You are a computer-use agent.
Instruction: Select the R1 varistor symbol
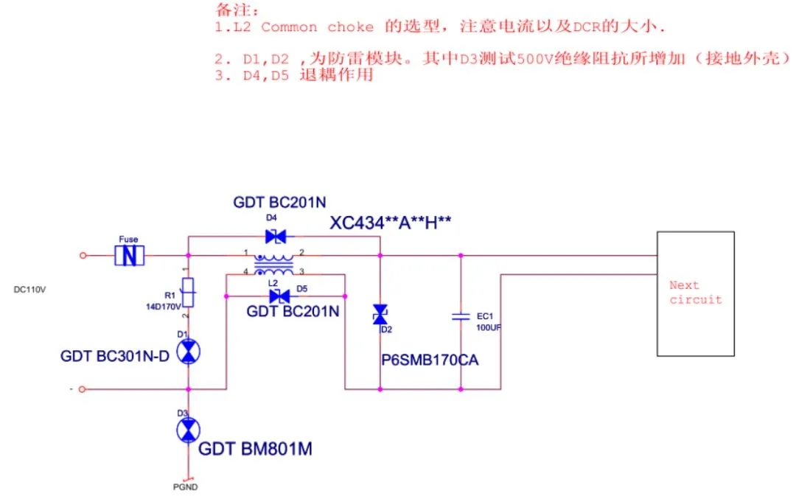189,293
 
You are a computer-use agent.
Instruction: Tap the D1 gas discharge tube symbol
189,352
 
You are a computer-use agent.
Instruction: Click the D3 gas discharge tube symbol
189,429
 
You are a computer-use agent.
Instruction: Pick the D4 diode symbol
276,237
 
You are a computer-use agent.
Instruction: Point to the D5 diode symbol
279,296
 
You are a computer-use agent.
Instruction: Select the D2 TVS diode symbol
380,315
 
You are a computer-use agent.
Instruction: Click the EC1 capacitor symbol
461,316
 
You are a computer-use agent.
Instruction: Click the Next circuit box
695,293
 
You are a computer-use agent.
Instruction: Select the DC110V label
30,290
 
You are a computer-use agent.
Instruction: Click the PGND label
186,486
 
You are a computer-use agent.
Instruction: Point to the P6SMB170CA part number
430,362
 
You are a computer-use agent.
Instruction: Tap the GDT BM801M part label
255,448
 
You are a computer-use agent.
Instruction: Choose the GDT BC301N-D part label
115,357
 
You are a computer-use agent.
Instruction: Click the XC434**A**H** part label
391,223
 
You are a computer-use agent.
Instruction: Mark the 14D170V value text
164,307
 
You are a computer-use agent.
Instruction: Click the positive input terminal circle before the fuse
83,256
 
